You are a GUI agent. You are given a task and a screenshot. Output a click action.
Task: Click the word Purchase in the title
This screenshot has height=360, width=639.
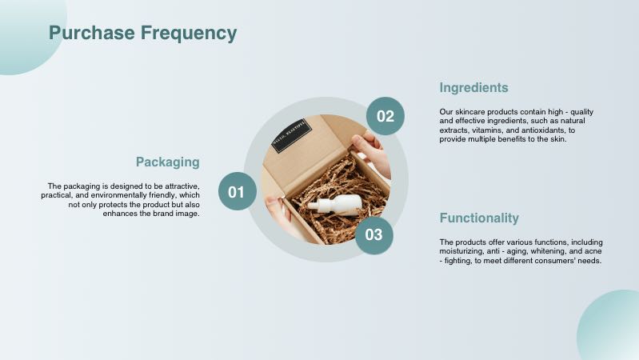tap(92, 33)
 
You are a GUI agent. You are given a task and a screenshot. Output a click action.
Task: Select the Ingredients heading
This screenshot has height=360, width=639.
tap(474, 88)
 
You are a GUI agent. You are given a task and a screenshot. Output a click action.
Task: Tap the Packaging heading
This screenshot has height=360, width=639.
tap(168, 162)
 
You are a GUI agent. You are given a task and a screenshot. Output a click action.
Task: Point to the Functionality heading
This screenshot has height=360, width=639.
tap(479, 218)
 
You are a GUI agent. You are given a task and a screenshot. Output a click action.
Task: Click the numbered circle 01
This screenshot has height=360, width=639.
tap(238, 191)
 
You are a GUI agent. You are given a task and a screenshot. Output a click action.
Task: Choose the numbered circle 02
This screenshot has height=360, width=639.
tap(385, 116)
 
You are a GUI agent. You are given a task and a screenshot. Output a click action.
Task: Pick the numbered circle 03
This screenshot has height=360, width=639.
tap(374, 235)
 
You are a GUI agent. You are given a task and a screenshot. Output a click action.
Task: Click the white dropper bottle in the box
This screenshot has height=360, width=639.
tap(335, 205)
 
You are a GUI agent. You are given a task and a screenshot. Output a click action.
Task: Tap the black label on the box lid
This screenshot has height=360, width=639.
tap(292, 136)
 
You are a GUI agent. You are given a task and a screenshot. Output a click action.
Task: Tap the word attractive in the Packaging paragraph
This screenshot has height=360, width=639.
tap(182, 186)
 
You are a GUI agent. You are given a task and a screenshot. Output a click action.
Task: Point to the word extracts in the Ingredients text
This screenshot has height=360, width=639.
tap(453, 130)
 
